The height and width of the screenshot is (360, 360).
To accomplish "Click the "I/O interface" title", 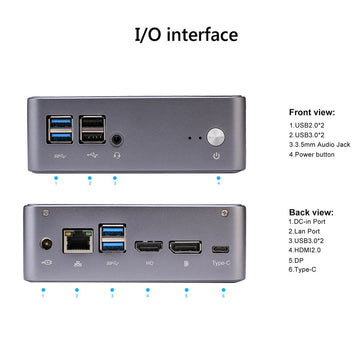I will point(186,35).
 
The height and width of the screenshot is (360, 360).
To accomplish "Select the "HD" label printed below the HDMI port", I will point(150,265).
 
